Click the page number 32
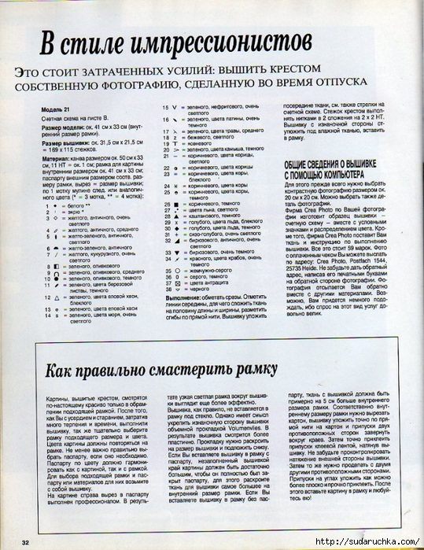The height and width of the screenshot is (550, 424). pos(26,542)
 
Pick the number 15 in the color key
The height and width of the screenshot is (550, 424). pos(166,107)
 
